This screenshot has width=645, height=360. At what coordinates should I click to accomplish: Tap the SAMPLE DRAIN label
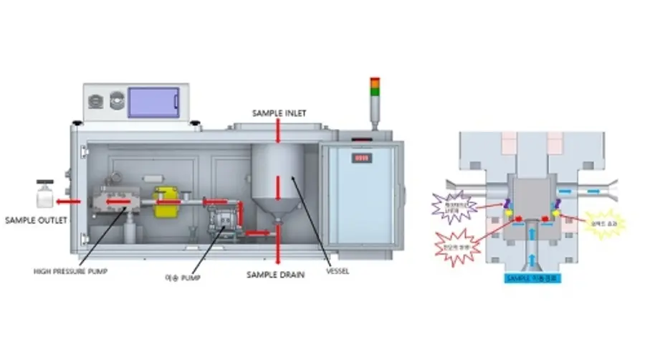(276, 275)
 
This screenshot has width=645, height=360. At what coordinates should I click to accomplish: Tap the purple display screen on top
(153, 103)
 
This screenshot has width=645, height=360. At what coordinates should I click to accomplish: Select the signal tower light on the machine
(374, 95)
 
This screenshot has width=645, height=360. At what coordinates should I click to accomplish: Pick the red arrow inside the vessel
(277, 188)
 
